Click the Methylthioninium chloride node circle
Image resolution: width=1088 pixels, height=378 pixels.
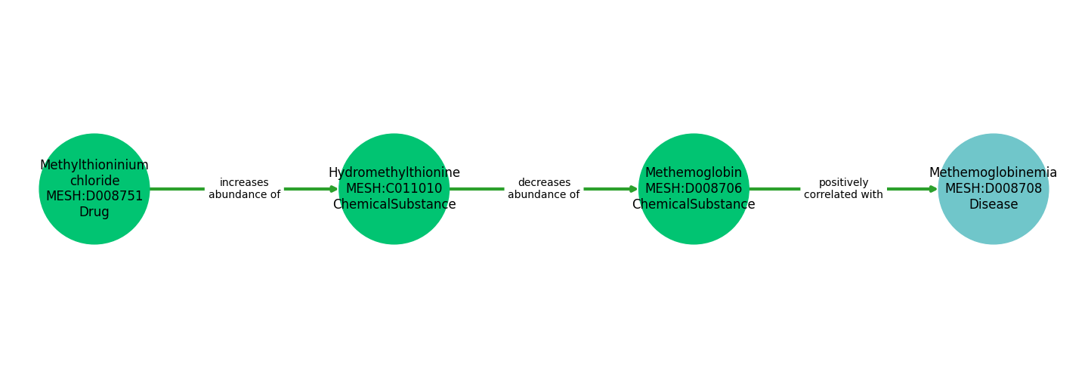pos(94,227)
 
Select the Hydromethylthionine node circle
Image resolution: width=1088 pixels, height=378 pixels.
pos(394,227)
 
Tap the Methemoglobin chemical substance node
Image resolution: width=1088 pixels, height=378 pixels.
pos(694,227)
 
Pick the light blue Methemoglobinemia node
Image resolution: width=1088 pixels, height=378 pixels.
pos(993,227)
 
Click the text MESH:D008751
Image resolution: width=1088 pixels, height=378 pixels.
pos(94,197)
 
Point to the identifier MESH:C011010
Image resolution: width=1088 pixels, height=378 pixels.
pos(394,189)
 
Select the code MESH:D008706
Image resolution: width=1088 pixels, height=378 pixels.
pos(694,189)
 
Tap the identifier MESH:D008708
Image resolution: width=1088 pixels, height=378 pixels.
pos(993,189)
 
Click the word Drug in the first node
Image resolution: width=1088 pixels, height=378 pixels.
pos(94,212)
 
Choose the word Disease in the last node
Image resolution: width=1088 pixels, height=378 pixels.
pos(993,205)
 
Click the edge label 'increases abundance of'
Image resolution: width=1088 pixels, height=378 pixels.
pos(244,189)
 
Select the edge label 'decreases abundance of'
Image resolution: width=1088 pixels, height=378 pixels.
pos(544,189)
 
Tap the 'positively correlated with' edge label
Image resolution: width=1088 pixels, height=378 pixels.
pos(843,189)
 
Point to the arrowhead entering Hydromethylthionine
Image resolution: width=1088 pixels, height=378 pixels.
pos(334,189)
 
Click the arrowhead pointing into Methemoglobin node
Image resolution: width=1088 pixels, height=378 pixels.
pos(633,189)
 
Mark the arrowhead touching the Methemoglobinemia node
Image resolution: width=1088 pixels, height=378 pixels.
pos(933,189)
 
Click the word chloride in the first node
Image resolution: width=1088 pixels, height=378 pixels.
pos(94,181)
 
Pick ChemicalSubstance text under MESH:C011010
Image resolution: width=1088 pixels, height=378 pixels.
pos(394,205)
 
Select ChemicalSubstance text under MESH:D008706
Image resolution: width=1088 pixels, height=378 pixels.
pos(694,205)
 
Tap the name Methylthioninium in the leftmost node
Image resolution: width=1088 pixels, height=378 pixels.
pos(94,166)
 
